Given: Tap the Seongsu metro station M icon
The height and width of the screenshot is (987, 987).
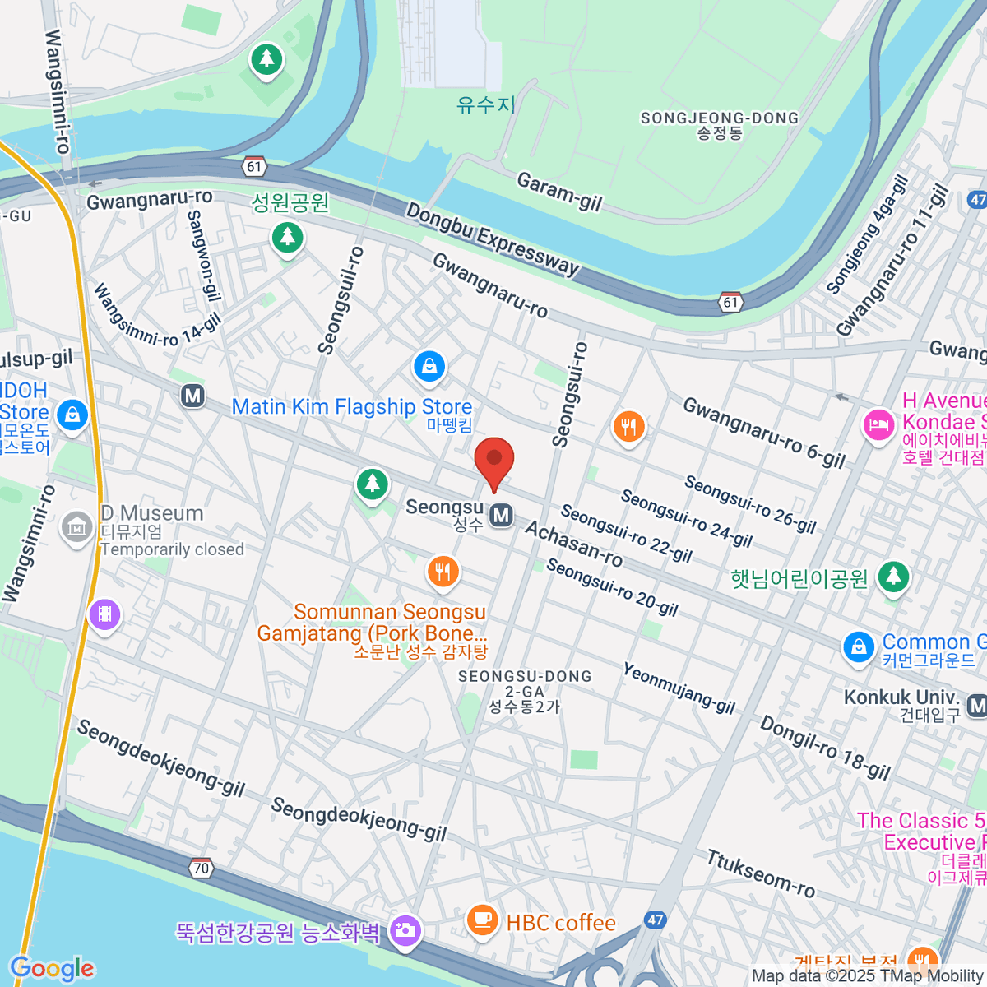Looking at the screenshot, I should click(501, 516).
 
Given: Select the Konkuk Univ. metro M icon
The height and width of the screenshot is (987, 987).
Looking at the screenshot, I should click(977, 705).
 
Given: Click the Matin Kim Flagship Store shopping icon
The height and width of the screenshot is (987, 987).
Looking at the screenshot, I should click(429, 367).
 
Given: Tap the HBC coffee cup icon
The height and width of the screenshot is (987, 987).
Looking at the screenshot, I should click(482, 920).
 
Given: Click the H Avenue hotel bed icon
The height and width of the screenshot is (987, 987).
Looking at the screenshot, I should click(878, 425).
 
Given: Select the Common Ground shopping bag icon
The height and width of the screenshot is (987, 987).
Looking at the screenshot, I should click(858, 646).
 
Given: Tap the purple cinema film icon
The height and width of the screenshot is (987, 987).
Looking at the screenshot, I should click(105, 614).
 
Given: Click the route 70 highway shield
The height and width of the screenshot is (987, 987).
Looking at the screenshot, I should click(201, 868).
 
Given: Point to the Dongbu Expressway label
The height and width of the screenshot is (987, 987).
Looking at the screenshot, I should click(493, 239).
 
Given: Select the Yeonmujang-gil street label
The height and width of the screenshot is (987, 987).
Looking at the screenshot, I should click(679, 688).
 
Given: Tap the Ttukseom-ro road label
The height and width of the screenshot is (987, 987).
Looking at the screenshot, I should click(761, 874).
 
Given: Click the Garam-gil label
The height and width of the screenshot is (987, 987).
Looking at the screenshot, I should click(559, 192).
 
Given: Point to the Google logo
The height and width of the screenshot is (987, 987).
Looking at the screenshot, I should click(52, 969).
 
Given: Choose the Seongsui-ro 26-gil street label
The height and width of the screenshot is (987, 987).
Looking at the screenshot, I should click(750, 504).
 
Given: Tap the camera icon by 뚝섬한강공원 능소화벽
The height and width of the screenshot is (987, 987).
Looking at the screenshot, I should click(405, 930).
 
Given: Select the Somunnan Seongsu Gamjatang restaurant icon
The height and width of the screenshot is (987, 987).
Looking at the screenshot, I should click(443, 572).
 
